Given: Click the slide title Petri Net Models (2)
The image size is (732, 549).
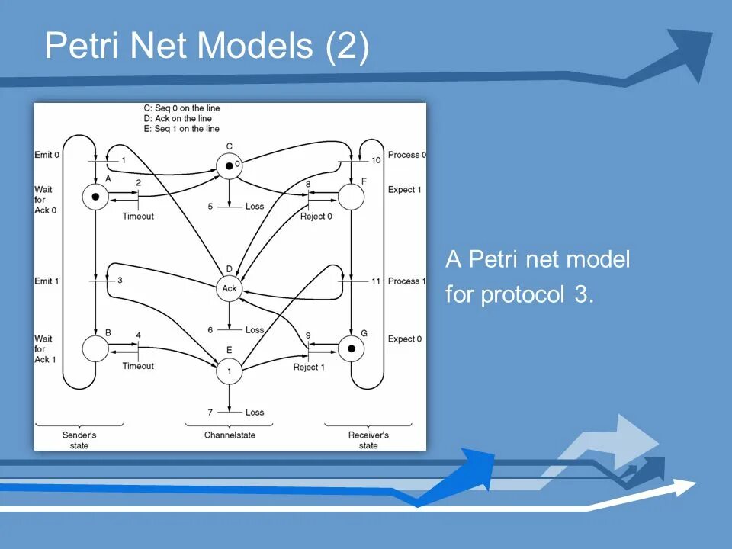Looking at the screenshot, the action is click(207, 46).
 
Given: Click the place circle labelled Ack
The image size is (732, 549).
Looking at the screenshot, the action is click(230, 287).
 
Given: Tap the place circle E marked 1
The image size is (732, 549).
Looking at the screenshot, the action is click(229, 371).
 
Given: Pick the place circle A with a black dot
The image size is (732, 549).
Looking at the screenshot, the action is click(95, 197).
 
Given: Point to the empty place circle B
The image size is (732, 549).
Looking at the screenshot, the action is click(95, 349).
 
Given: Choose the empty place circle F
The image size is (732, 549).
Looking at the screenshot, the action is click(351, 197).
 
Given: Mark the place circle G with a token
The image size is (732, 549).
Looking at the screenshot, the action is click(351, 349).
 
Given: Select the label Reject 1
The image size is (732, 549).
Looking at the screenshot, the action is click(309, 368).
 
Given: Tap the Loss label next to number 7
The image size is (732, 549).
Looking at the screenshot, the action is click(255, 413).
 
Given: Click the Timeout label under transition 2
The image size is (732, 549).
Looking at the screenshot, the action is click(138, 217).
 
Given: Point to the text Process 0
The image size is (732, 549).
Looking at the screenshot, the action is click(407, 155).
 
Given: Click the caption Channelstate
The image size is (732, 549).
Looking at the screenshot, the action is click(230, 435).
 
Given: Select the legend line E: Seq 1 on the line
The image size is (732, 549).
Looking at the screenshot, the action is click(181, 129).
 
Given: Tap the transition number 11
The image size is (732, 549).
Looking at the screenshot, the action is click(376, 281).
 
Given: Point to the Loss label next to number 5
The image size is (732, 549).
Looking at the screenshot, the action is click(255, 207).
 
